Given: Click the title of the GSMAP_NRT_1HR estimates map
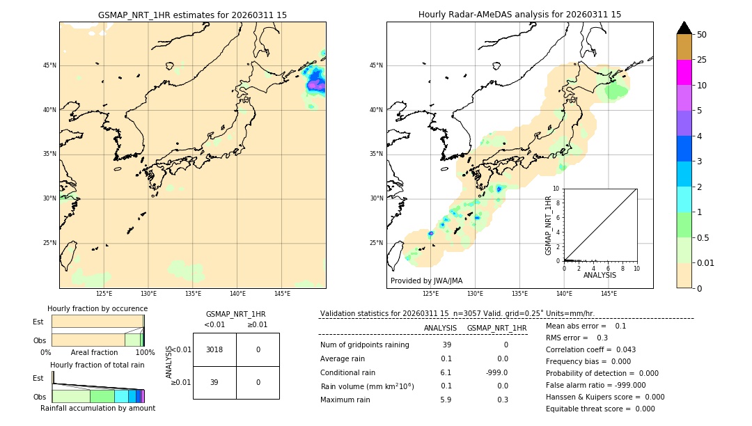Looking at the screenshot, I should click(x=192, y=15).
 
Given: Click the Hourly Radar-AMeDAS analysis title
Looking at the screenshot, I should click(x=519, y=15).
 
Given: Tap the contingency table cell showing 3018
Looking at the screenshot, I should click(x=214, y=349).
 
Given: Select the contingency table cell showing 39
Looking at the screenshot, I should click(x=214, y=382).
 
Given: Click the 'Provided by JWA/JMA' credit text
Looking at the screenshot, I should click(x=426, y=281).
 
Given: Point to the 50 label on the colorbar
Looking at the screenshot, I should click(x=702, y=35).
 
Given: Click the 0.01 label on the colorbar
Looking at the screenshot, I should click(x=706, y=263).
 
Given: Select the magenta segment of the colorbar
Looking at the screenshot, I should click(x=684, y=72).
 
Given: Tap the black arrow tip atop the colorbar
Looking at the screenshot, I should click(x=684, y=27).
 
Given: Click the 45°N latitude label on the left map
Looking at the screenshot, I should click(x=49, y=65).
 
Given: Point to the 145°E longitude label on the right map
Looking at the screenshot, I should click(x=609, y=294).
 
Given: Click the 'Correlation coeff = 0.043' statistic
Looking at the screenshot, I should click(x=590, y=349).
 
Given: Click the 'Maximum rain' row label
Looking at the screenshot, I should click(x=345, y=400).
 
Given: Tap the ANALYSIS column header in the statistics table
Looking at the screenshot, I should click(x=440, y=328).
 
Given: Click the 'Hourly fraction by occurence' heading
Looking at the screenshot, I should click(x=97, y=308).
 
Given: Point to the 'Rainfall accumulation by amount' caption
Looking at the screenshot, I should click(x=97, y=408).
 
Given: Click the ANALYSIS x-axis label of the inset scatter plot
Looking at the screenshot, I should click(x=600, y=275).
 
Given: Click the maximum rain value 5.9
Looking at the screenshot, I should click(x=446, y=400).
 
